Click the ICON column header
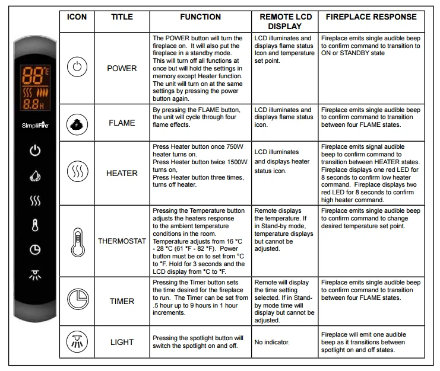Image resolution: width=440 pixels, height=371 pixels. tap(77, 17)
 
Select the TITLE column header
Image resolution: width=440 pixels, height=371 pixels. tap(122, 17)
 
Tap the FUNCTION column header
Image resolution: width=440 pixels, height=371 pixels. tap(200, 17)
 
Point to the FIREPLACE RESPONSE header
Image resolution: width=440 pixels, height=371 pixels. tap(371, 17)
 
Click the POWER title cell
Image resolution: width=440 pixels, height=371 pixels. tap(122, 68)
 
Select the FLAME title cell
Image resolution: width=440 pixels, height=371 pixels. tap(122, 123)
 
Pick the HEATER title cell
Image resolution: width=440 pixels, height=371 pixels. tap(122, 173)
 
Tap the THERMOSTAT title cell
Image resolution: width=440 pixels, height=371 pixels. tap(122, 241)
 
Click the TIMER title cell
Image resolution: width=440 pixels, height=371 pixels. tap(122, 301)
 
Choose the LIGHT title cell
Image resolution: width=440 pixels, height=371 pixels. tap(122, 342)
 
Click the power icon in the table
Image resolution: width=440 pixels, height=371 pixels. tap(77, 67)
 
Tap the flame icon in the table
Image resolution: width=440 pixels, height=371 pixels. tap(77, 123)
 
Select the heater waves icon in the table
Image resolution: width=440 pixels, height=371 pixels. tap(77, 172)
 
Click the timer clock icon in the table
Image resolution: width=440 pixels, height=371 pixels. tap(77, 300)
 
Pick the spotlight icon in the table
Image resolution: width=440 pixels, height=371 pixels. tap(77, 342)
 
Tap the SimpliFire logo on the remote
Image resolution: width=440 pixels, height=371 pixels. tap(35, 126)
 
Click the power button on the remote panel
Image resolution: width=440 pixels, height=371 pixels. tap(35, 151)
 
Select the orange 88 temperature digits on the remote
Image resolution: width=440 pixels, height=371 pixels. tap(30, 75)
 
